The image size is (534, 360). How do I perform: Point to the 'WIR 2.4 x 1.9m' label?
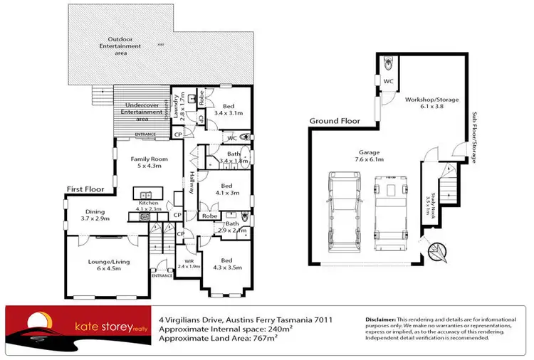pos(189,264)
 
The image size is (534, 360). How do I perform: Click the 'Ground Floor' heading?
pos(335,121)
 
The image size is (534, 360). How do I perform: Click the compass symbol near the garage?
pos(440,250)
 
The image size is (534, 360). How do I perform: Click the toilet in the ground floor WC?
pos(387,63)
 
